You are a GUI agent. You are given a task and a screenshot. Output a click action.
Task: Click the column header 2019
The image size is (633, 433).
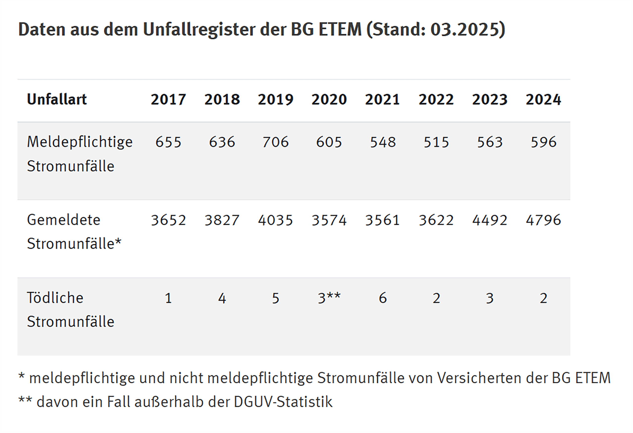point(275,99)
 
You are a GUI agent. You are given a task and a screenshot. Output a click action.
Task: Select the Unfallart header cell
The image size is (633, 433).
point(57,99)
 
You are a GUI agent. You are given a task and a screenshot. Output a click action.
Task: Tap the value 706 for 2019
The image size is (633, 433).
point(275,142)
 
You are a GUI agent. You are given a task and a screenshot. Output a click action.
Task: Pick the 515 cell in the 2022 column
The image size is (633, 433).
point(436,142)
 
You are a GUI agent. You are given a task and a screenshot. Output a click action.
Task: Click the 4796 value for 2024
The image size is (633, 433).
point(543,220)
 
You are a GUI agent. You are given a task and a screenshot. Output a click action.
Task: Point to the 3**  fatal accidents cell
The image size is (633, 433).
point(329,298)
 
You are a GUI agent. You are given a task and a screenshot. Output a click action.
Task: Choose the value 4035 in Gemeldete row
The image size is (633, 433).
point(275,220)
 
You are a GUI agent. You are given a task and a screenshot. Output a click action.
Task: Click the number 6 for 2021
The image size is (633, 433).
point(383,298)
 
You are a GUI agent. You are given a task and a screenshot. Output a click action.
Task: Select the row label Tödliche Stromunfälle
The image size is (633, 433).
point(70,310)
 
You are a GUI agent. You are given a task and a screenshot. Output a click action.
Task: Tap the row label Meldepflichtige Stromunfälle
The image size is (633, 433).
point(80,154)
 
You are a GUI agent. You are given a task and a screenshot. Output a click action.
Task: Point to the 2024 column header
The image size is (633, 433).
point(543,99)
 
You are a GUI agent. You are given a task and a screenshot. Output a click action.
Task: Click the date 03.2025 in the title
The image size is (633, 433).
point(465,29)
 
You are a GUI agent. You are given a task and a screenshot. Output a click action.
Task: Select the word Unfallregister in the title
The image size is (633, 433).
point(199,29)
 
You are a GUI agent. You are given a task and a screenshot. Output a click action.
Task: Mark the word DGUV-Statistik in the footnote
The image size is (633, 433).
point(283,402)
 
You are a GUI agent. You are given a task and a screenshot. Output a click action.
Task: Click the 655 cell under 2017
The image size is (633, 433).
point(168,142)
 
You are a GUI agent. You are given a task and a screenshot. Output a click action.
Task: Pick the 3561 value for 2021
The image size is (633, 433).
point(383,220)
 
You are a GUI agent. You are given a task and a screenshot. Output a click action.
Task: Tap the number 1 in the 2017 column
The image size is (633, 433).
point(168,298)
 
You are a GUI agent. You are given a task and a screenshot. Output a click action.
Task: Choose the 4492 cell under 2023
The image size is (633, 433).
point(490,220)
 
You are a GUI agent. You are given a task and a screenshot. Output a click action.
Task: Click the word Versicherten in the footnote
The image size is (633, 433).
point(479,378)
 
